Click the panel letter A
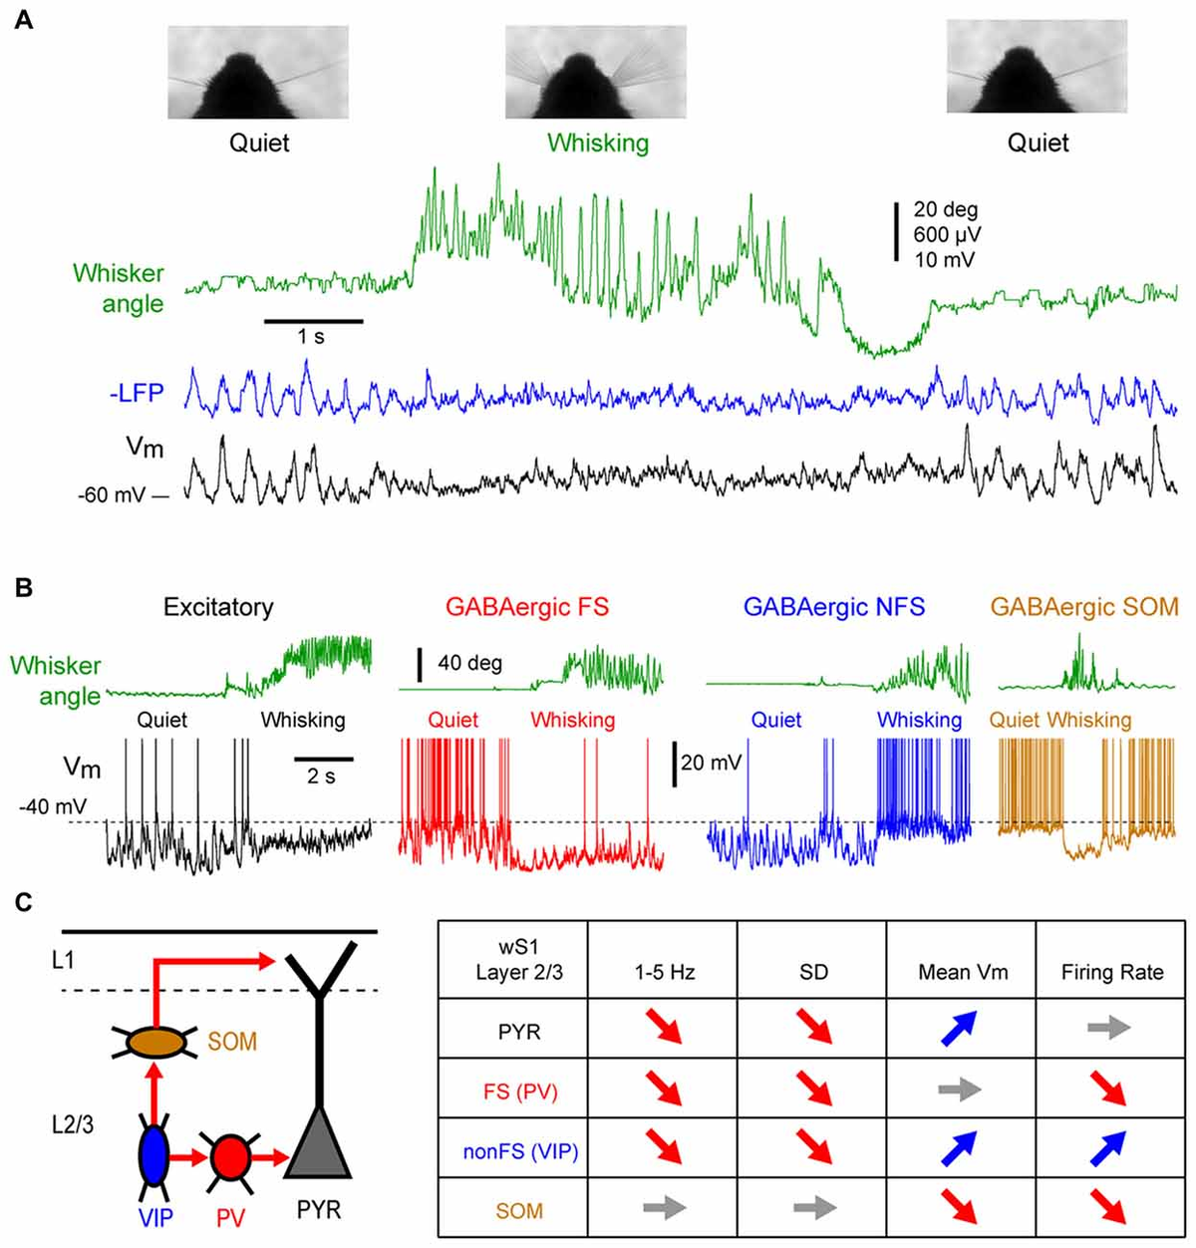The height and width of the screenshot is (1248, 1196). [x=23, y=19]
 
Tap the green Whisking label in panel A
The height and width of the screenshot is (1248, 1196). [x=598, y=143]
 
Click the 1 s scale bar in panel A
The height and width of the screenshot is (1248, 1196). [x=313, y=322]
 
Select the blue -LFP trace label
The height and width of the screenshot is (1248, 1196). [x=136, y=393]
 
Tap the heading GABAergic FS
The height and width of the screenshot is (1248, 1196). [x=527, y=606]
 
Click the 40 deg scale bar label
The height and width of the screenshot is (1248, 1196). [x=469, y=663]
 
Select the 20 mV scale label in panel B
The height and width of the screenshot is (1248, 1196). [x=711, y=763]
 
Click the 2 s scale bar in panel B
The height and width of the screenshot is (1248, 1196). [x=324, y=760]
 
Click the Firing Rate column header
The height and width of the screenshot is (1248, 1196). [x=1111, y=972]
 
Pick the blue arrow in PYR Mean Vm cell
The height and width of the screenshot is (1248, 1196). [x=962, y=1030]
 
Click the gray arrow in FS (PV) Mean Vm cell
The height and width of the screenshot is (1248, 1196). [x=961, y=1091]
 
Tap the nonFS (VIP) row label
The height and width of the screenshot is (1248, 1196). [x=518, y=1151]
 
